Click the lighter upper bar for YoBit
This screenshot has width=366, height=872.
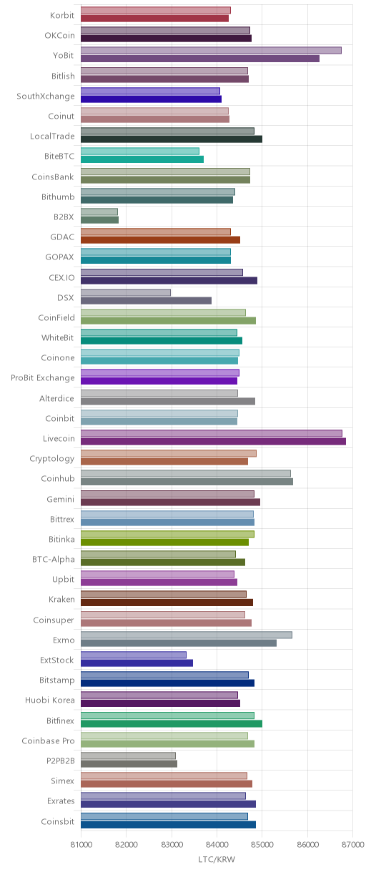(211, 50)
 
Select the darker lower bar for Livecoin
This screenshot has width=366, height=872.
(213, 442)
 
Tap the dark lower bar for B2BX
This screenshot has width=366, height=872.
(99, 220)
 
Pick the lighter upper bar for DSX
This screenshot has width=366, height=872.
(126, 292)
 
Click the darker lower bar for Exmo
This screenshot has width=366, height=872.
(179, 643)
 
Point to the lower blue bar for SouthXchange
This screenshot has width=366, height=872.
(151, 99)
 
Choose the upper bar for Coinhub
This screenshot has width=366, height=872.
(186, 473)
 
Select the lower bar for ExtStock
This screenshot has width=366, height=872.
(137, 663)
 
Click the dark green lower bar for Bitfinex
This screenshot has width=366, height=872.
(172, 723)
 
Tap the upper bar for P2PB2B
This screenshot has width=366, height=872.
(128, 755)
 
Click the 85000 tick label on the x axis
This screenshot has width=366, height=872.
(262, 844)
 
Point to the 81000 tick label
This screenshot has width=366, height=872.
(81, 844)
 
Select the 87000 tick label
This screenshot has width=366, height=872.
(352, 844)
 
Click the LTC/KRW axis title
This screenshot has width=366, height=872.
(217, 860)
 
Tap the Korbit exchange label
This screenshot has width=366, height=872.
(62, 15)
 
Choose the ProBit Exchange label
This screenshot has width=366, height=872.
(42, 377)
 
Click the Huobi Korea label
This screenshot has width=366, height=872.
(50, 700)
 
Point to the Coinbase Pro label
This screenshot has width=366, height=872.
(49, 740)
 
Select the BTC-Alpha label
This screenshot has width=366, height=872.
(54, 560)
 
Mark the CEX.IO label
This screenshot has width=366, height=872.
(61, 277)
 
